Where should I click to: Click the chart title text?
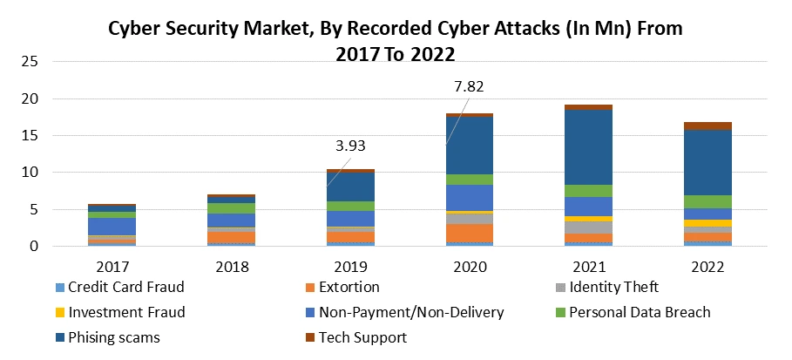pos(395,40)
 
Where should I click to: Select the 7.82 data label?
pos(468,86)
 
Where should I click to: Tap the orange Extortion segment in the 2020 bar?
pos(470,233)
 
